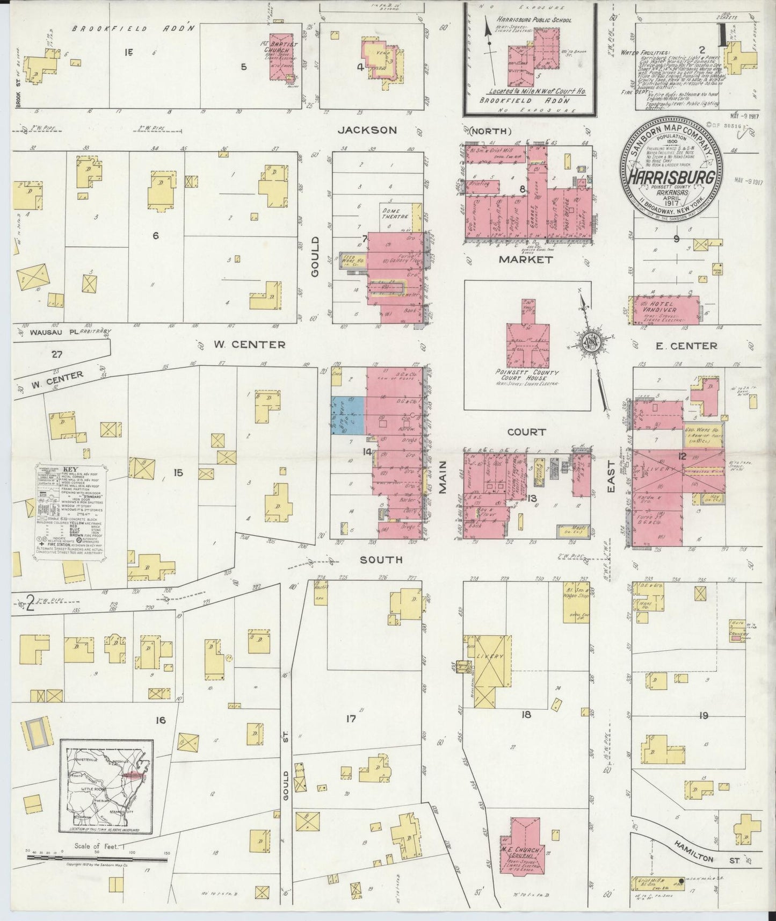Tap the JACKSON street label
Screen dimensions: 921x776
coord(368,130)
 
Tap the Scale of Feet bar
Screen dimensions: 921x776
coord(96,855)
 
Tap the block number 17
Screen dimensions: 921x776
coord(351,718)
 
